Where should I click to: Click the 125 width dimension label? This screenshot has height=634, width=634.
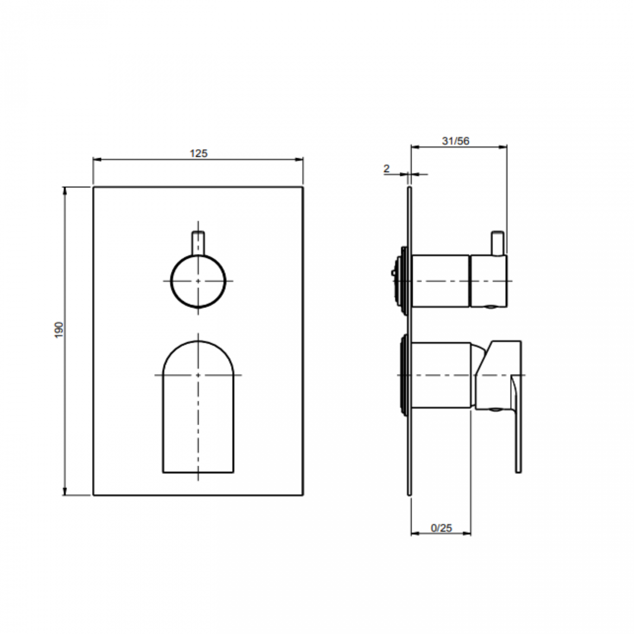(x=198, y=153)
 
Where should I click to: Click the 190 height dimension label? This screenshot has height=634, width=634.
(x=59, y=330)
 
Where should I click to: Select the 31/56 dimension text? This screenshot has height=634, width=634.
(x=456, y=141)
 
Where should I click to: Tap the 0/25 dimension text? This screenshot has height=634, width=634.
(x=441, y=528)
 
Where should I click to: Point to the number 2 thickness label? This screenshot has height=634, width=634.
(x=387, y=169)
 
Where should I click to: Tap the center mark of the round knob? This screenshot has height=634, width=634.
(x=198, y=281)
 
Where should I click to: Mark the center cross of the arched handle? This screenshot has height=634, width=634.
(x=198, y=375)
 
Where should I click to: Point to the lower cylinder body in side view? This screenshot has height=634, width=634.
(x=441, y=375)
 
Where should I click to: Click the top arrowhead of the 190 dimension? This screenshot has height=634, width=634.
(x=65, y=191)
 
